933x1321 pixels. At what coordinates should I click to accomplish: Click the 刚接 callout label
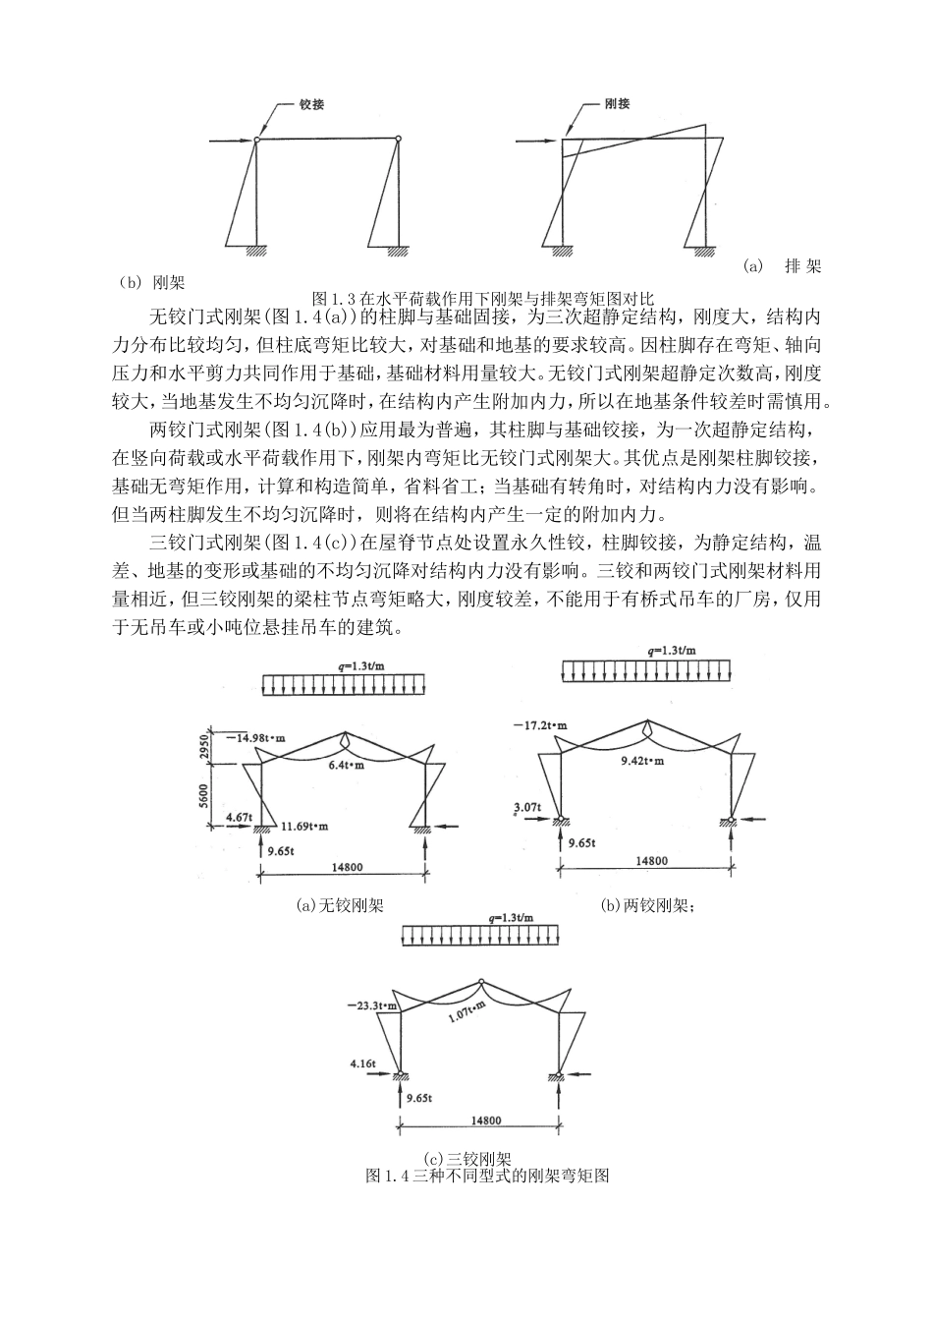618,104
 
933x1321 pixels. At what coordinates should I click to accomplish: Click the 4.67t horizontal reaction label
240,816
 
